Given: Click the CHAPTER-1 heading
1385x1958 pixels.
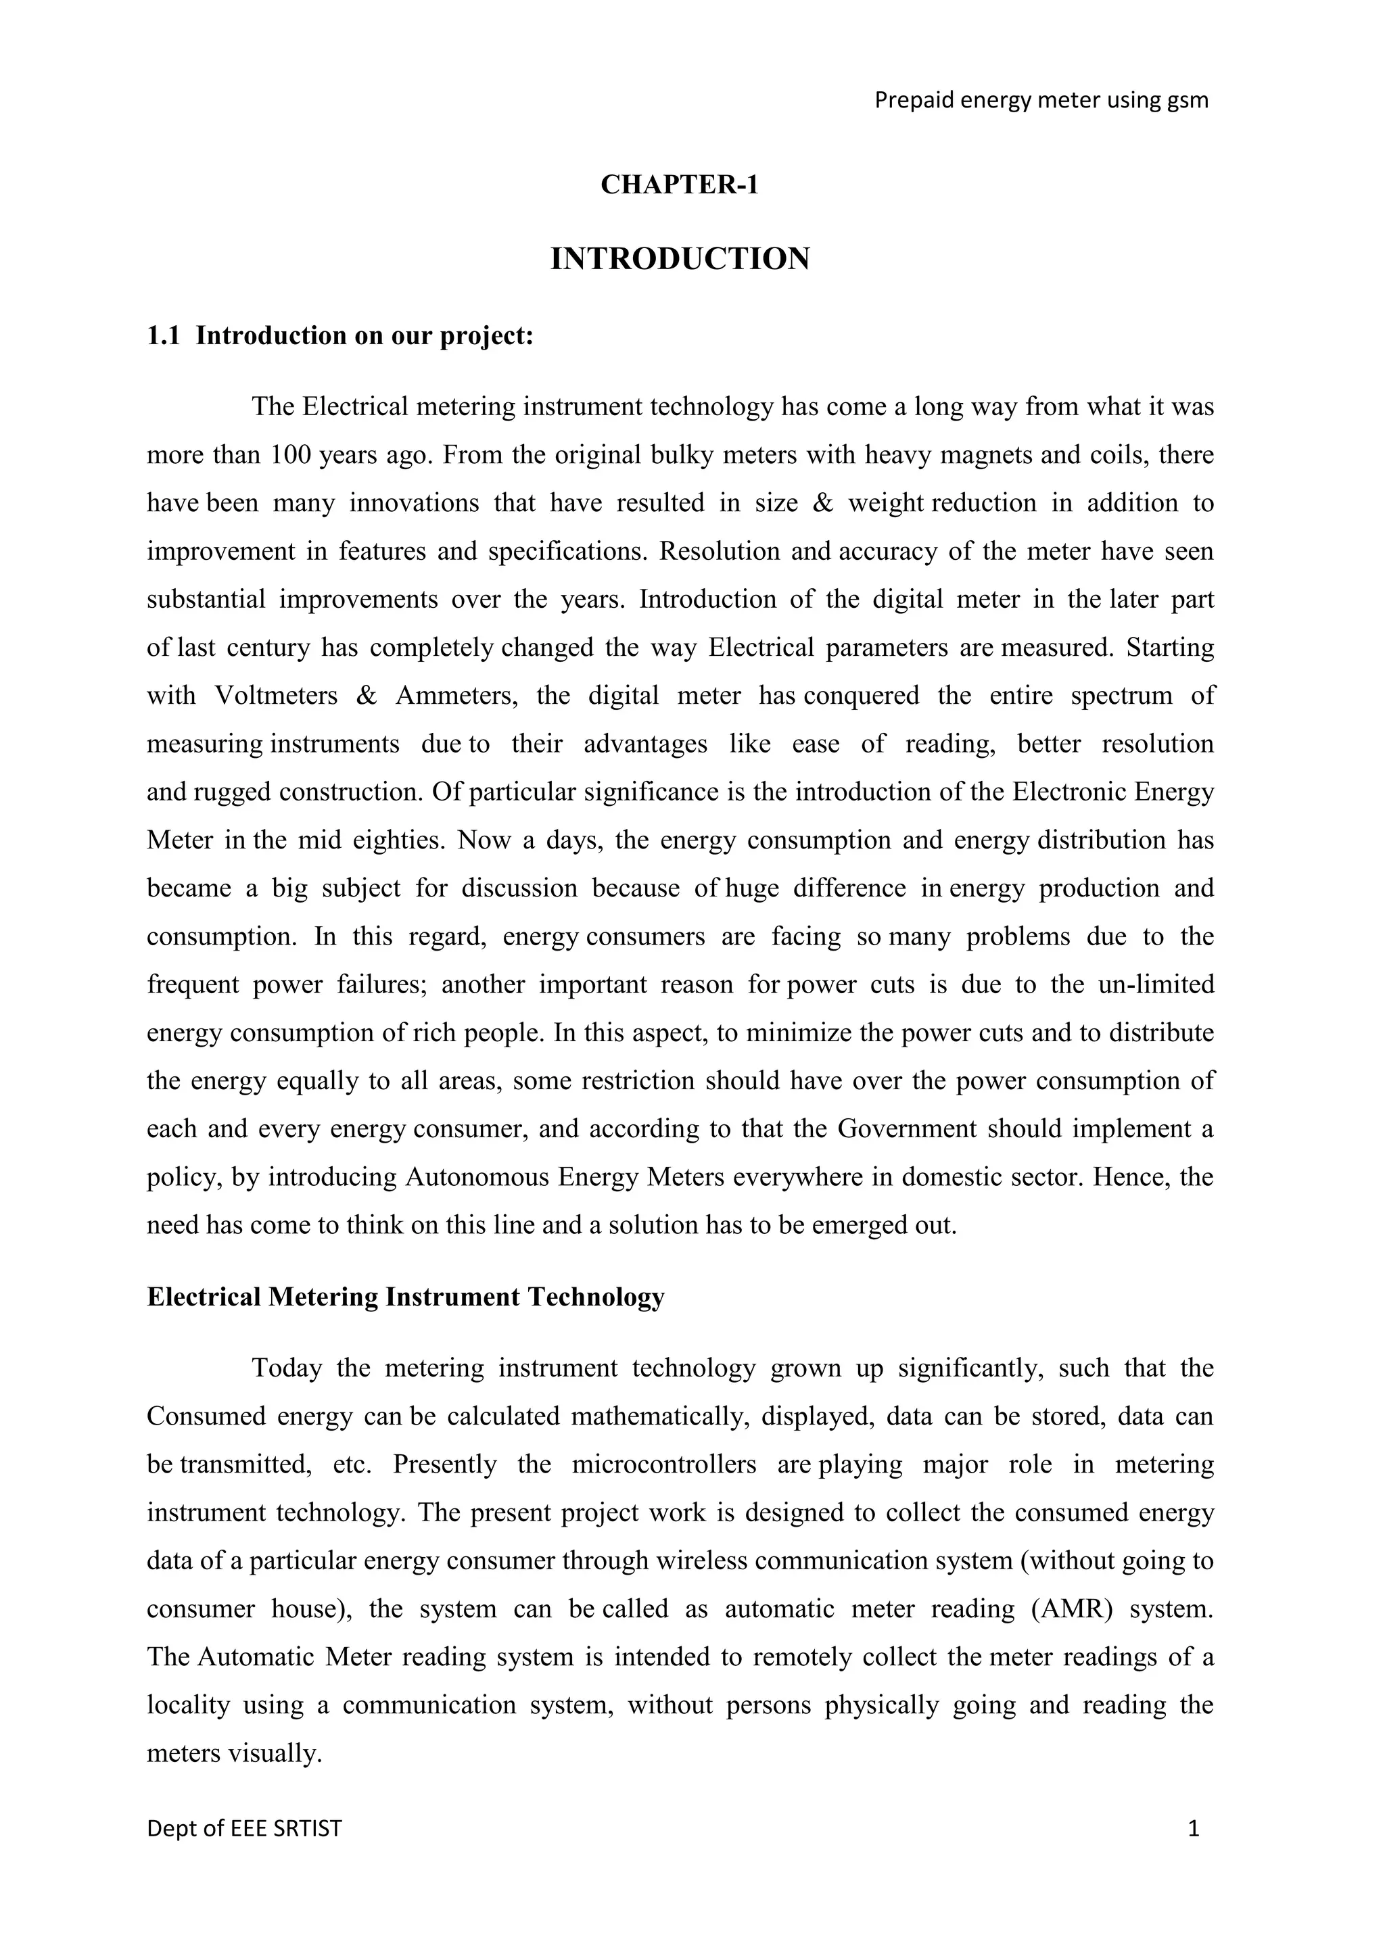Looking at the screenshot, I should [x=679, y=185].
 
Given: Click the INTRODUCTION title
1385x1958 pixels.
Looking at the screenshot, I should [x=680, y=259].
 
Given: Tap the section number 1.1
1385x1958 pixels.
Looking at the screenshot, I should [x=163, y=336].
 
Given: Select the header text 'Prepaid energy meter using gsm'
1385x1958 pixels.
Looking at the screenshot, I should [x=1041, y=101].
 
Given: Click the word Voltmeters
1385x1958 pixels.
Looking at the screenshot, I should [x=277, y=696].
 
